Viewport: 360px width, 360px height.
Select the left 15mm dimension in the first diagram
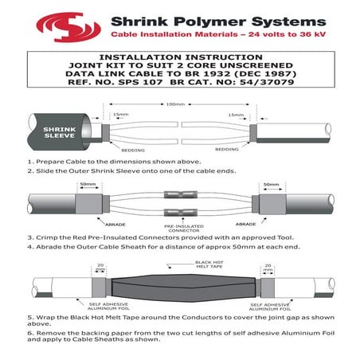[120, 115]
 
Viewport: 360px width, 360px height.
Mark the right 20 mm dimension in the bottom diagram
[268, 268]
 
